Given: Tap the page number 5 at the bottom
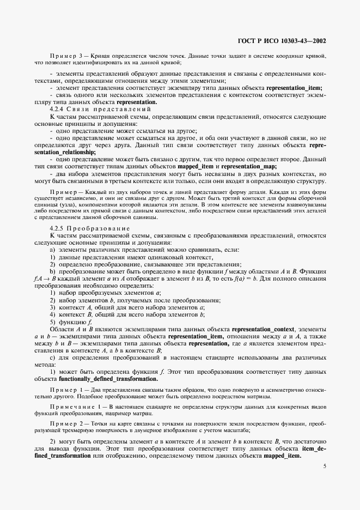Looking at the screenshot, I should coord(325,466).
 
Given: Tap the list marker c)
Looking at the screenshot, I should coord(52,357).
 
